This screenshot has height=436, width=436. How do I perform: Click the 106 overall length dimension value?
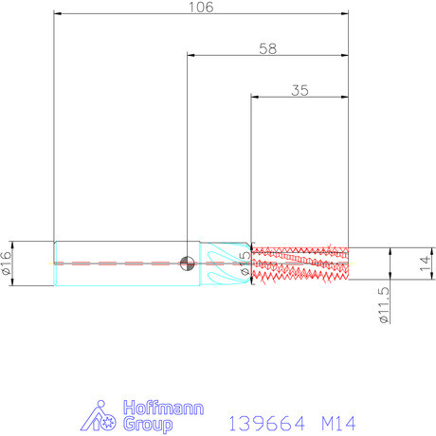201,7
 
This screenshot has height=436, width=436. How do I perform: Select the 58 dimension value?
268,48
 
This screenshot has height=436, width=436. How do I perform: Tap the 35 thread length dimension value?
300,90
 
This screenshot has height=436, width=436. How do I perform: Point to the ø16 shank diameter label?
7,263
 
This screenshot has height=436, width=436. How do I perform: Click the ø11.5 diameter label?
384,305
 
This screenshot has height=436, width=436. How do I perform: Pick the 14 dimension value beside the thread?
425,263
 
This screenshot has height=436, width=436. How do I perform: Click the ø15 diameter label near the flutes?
245,263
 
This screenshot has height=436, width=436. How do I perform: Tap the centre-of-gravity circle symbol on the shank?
187,263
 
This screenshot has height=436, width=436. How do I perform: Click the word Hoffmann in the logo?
163,408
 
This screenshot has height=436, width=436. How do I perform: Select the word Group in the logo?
148,425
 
